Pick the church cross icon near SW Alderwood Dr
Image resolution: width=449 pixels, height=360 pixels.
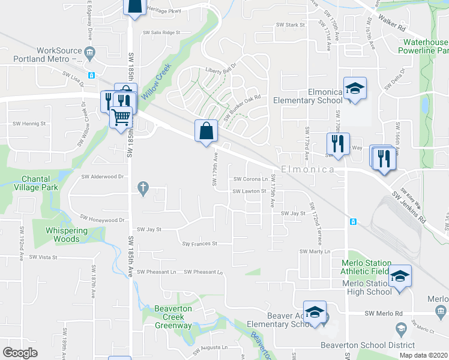(143, 188)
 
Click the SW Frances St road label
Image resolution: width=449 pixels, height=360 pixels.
(200, 244)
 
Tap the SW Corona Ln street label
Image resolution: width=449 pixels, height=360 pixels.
(250, 179)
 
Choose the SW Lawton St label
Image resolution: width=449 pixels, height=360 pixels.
(249, 191)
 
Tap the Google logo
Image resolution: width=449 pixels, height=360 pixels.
(20, 353)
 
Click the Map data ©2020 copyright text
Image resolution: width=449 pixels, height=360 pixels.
(423, 355)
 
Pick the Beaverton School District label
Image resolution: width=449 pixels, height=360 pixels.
(367, 345)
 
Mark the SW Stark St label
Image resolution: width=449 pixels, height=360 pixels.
(291, 25)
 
